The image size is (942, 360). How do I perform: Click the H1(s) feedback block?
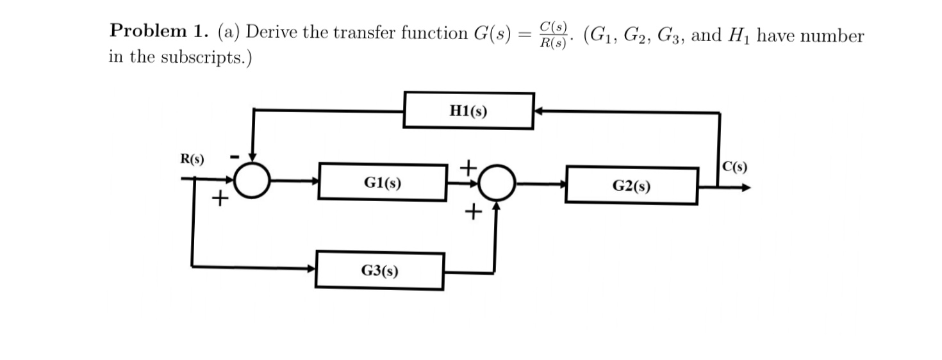(468, 111)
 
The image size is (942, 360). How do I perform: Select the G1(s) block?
(383, 183)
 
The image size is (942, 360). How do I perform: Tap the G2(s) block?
(631, 186)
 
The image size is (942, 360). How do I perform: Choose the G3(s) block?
(379, 271)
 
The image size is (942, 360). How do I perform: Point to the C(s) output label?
(734, 168)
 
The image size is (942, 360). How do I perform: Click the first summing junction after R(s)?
(252, 181)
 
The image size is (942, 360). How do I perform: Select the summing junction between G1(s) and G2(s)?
(495, 183)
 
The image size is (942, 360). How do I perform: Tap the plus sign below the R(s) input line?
(220, 199)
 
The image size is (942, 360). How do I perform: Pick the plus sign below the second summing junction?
(474, 211)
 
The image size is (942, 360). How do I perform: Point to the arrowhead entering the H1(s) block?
(540, 111)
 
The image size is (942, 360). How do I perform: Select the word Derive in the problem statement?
(273, 32)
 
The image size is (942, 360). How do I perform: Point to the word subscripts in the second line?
(202, 57)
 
